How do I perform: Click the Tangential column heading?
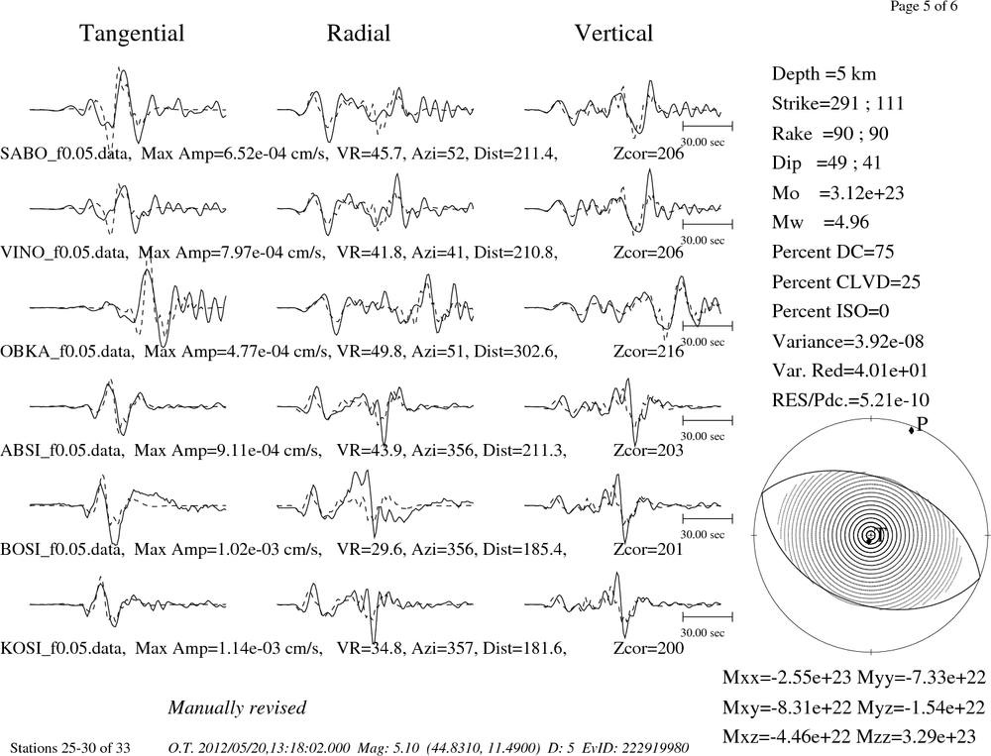[x=132, y=34]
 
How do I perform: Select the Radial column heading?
[x=359, y=34]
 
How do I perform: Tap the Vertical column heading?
[x=613, y=34]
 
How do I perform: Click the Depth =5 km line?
[x=824, y=74]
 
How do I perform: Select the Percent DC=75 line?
[x=833, y=252]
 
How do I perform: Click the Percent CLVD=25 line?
[x=846, y=281]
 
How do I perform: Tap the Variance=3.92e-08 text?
[x=847, y=341]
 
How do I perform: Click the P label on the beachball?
[x=922, y=423]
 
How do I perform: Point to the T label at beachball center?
[x=879, y=535]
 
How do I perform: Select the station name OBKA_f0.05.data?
[x=67, y=351]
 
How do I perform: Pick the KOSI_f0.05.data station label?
[x=63, y=648]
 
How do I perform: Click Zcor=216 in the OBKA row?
[x=648, y=351]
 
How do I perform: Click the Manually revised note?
[x=237, y=707]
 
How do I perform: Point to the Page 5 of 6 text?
[x=924, y=6]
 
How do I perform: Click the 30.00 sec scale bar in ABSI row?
[x=708, y=420]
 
